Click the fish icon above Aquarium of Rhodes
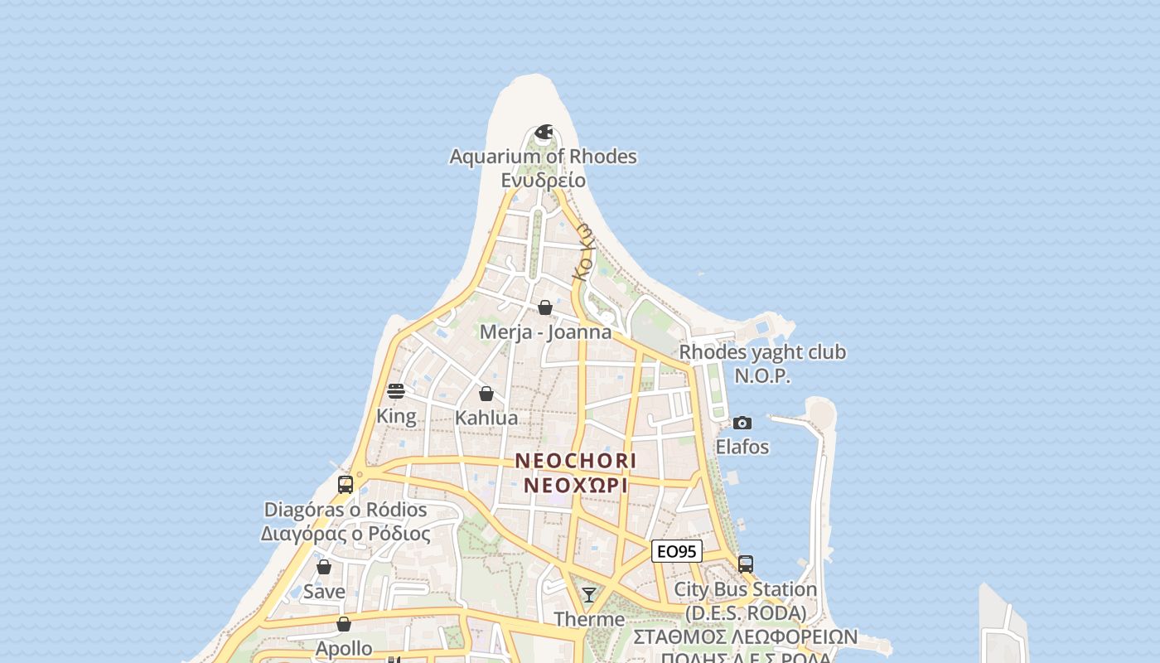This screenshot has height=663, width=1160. pos(544,133)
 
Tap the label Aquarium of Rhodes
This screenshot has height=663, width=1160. pos(544,157)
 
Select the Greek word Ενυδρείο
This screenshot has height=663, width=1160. pos(544,180)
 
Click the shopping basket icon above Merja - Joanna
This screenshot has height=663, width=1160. pos(545,308)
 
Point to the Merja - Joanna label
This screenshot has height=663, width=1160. pos(546,332)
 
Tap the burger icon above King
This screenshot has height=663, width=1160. pos(396,391)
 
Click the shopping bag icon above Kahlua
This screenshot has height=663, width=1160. pos(486,394)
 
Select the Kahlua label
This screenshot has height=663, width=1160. pos(486,418)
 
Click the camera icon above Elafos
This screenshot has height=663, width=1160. pos(742,423)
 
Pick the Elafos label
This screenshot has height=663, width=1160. pos(742,447)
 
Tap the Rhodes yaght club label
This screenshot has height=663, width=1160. pos(762,352)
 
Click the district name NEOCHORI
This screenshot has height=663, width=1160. pos(576,461)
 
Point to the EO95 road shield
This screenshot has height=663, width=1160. pos(677,551)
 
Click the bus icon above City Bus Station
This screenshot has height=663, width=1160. pos(746,564)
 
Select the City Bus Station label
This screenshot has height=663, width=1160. pos(746,589)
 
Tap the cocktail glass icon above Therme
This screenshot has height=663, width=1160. pos(589,594)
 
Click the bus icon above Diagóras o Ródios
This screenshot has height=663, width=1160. pos(346,485)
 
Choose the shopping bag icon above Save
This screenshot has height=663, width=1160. pos(324,568)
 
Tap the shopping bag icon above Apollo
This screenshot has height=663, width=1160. pos(344,624)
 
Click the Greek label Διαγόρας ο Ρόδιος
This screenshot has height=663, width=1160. pos(346,533)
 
